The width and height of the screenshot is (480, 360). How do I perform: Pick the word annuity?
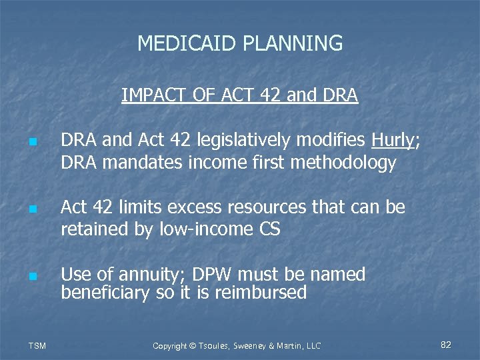pos(152,275)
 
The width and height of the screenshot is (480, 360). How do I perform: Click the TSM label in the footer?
pos(37,345)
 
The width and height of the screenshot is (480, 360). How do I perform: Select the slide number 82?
pos(446,345)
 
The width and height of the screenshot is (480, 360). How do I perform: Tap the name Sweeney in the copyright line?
pos(249,345)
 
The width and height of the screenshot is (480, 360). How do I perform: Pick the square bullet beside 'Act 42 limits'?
pos(31,209)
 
